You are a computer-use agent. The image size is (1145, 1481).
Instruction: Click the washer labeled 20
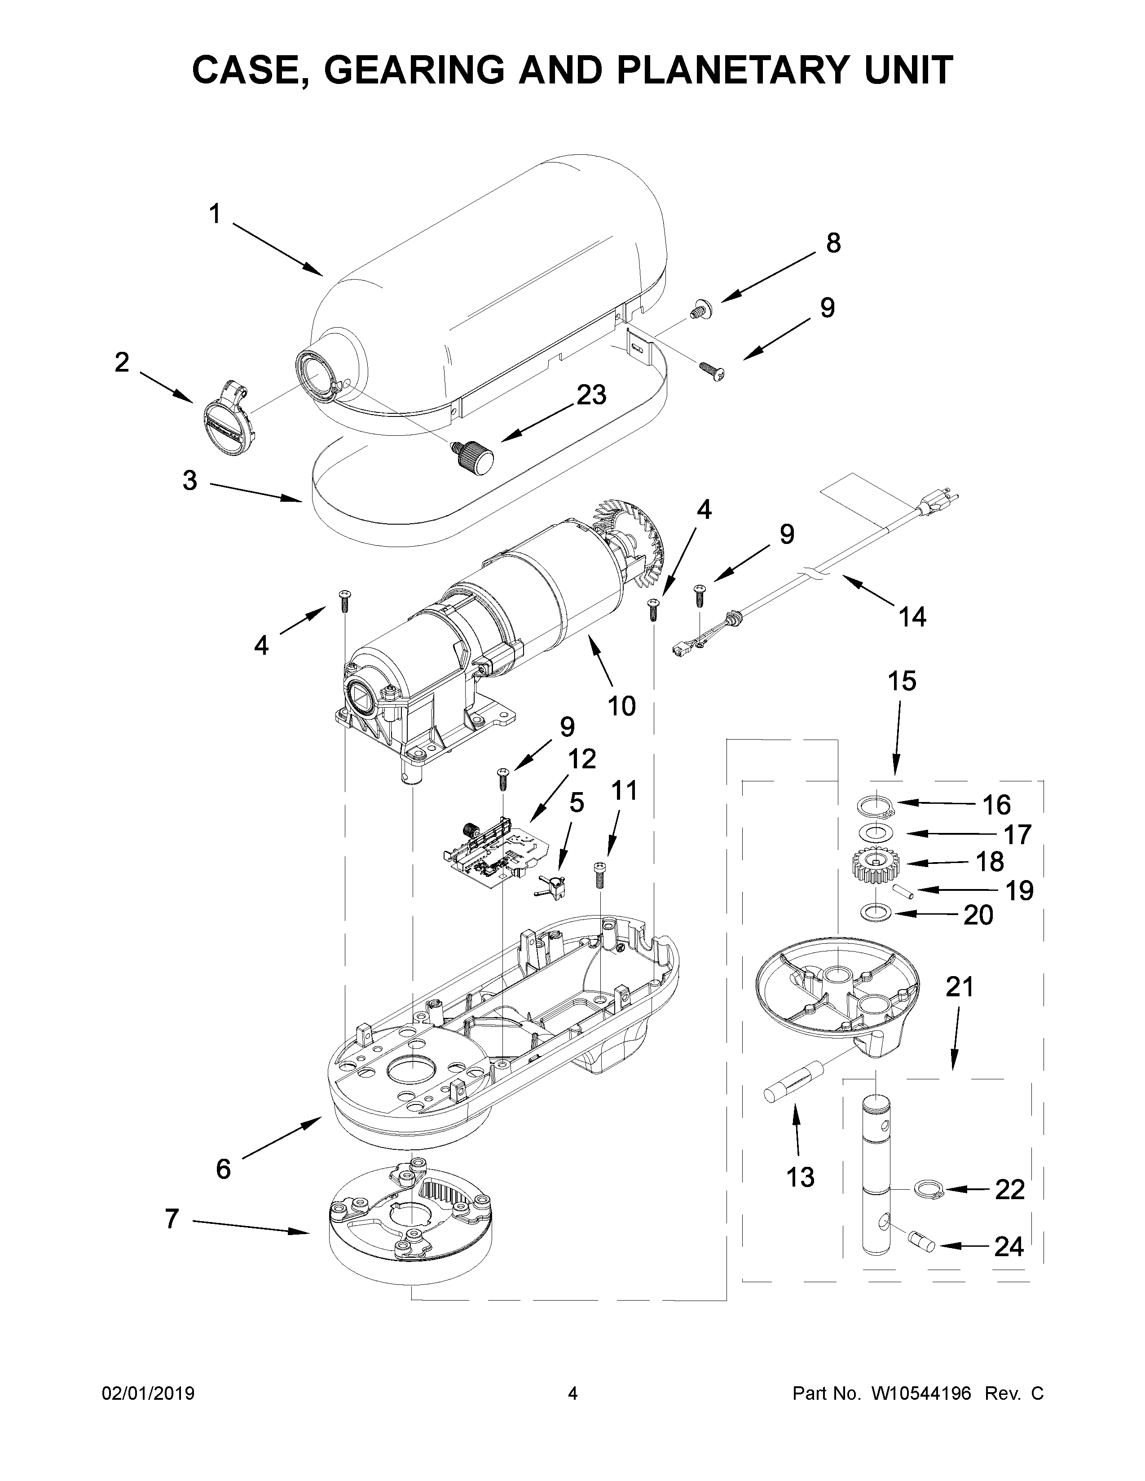(876, 913)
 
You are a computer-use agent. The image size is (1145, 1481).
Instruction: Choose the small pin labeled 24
(923, 1243)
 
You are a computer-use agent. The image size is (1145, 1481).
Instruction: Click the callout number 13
(801, 1177)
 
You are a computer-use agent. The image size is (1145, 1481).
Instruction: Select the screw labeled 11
(599, 876)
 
